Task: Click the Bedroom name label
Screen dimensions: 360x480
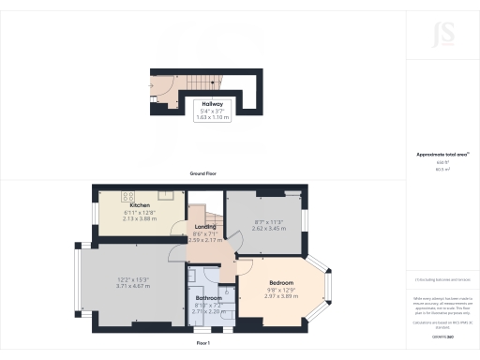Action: [x=281, y=283]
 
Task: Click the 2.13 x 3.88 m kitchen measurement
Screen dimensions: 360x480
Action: [x=140, y=218]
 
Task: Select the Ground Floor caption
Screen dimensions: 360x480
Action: [x=203, y=174]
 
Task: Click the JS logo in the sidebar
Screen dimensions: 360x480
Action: [x=441, y=38]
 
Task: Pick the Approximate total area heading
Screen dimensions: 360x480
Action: [x=441, y=154]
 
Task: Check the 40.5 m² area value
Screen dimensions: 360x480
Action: [x=441, y=170]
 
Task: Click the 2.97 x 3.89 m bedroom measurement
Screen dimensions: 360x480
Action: [x=281, y=296]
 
